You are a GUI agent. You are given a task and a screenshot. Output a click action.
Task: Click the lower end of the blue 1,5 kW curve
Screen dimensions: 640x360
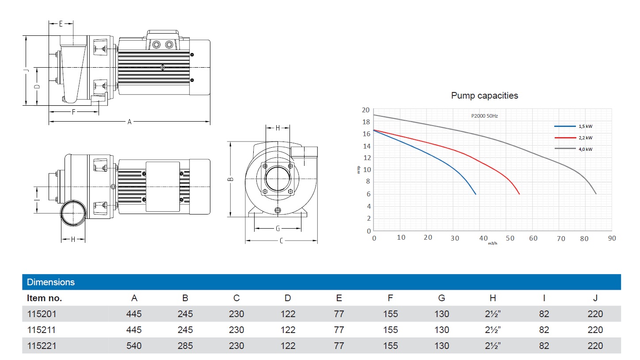[476, 195]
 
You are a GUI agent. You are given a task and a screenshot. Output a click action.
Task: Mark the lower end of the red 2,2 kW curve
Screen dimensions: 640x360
[519, 195]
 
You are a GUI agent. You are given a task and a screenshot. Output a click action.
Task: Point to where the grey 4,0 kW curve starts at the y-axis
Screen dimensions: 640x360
[374, 115]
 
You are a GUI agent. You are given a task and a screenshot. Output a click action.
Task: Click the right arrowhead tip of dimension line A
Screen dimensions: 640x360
[210, 122]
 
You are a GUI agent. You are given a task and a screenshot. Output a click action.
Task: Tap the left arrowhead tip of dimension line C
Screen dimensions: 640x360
[246, 241]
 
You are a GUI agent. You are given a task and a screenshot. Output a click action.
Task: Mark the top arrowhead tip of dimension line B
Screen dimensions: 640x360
[230, 142]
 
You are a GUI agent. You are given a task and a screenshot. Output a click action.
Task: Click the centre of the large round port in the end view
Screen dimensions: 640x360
[278, 179]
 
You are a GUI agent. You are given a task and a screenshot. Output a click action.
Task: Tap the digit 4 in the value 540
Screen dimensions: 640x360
[134, 346]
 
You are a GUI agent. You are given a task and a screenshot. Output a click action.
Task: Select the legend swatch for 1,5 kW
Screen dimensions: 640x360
[565, 126]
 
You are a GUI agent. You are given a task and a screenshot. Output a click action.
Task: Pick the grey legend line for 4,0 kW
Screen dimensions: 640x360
[565, 149]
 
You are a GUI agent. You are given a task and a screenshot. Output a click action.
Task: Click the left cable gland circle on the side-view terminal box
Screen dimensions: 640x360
[156, 45]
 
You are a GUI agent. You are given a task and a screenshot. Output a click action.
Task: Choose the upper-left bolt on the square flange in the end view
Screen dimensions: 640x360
[265, 166]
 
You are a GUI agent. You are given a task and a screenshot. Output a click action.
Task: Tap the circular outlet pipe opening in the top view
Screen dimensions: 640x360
[73, 213]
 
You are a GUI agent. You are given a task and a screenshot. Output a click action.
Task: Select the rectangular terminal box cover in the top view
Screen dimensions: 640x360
[163, 187]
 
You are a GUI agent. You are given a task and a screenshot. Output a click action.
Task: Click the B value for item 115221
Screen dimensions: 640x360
[185, 346]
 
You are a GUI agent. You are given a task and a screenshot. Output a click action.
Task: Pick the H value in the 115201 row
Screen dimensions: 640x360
[492, 314]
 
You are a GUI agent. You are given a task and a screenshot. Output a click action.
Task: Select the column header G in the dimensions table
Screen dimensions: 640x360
[442, 298]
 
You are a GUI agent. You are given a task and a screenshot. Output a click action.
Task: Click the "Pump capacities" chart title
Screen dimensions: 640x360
[484, 96]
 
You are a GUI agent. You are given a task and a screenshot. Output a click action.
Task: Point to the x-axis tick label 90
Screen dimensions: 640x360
[612, 238]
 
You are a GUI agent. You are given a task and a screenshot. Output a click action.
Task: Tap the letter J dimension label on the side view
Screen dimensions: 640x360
[27, 70]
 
